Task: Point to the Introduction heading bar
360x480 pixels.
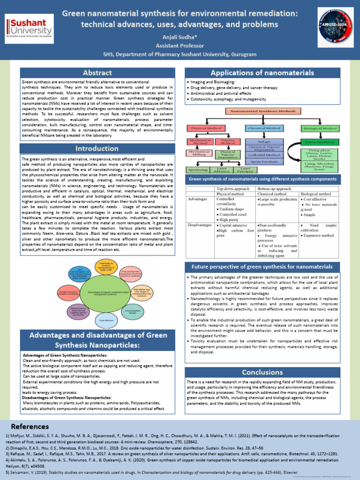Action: [97, 149]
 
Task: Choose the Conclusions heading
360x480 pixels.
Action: [269, 372]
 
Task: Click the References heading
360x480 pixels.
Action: [30, 427]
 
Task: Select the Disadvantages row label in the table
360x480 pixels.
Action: [200, 225]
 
